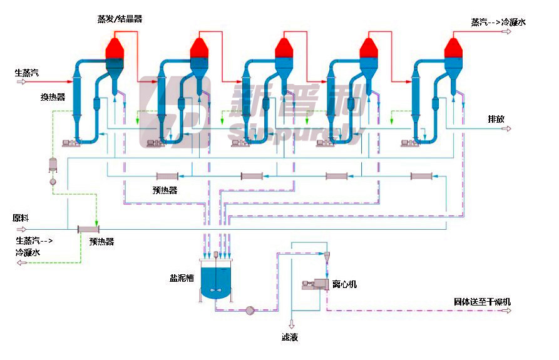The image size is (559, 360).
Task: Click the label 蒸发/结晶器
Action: [x=120, y=19]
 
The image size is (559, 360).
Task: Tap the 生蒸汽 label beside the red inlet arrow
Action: [x=27, y=73]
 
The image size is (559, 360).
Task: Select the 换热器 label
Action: [x=53, y=97]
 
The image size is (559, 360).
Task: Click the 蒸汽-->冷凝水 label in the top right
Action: [x=498, y=22]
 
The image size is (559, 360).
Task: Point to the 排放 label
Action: [x=496, y=119]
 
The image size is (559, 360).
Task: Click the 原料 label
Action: [x=21, y=218]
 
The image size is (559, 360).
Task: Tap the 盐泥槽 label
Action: [x=182, y=278]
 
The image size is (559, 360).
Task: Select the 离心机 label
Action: [x=344, y=284]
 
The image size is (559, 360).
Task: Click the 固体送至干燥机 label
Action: [x=483, y=302]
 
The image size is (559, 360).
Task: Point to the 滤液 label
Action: [x=290, y=337]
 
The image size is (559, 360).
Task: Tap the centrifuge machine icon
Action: [x=315, y=284]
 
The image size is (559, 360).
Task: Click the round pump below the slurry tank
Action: [x=250, y=311]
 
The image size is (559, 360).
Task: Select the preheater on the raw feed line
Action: [x=88, y=229]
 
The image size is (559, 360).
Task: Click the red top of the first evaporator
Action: [x=115, y=48]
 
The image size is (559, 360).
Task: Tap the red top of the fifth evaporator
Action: [x=453, y=48]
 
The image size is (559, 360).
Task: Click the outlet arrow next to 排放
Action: [x=506, y=129]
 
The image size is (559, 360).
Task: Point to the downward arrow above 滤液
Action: [x=292, y=324]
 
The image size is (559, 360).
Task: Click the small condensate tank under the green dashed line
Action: [x=53, y=165]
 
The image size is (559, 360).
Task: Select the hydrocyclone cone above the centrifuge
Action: [x=327, y=257]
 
